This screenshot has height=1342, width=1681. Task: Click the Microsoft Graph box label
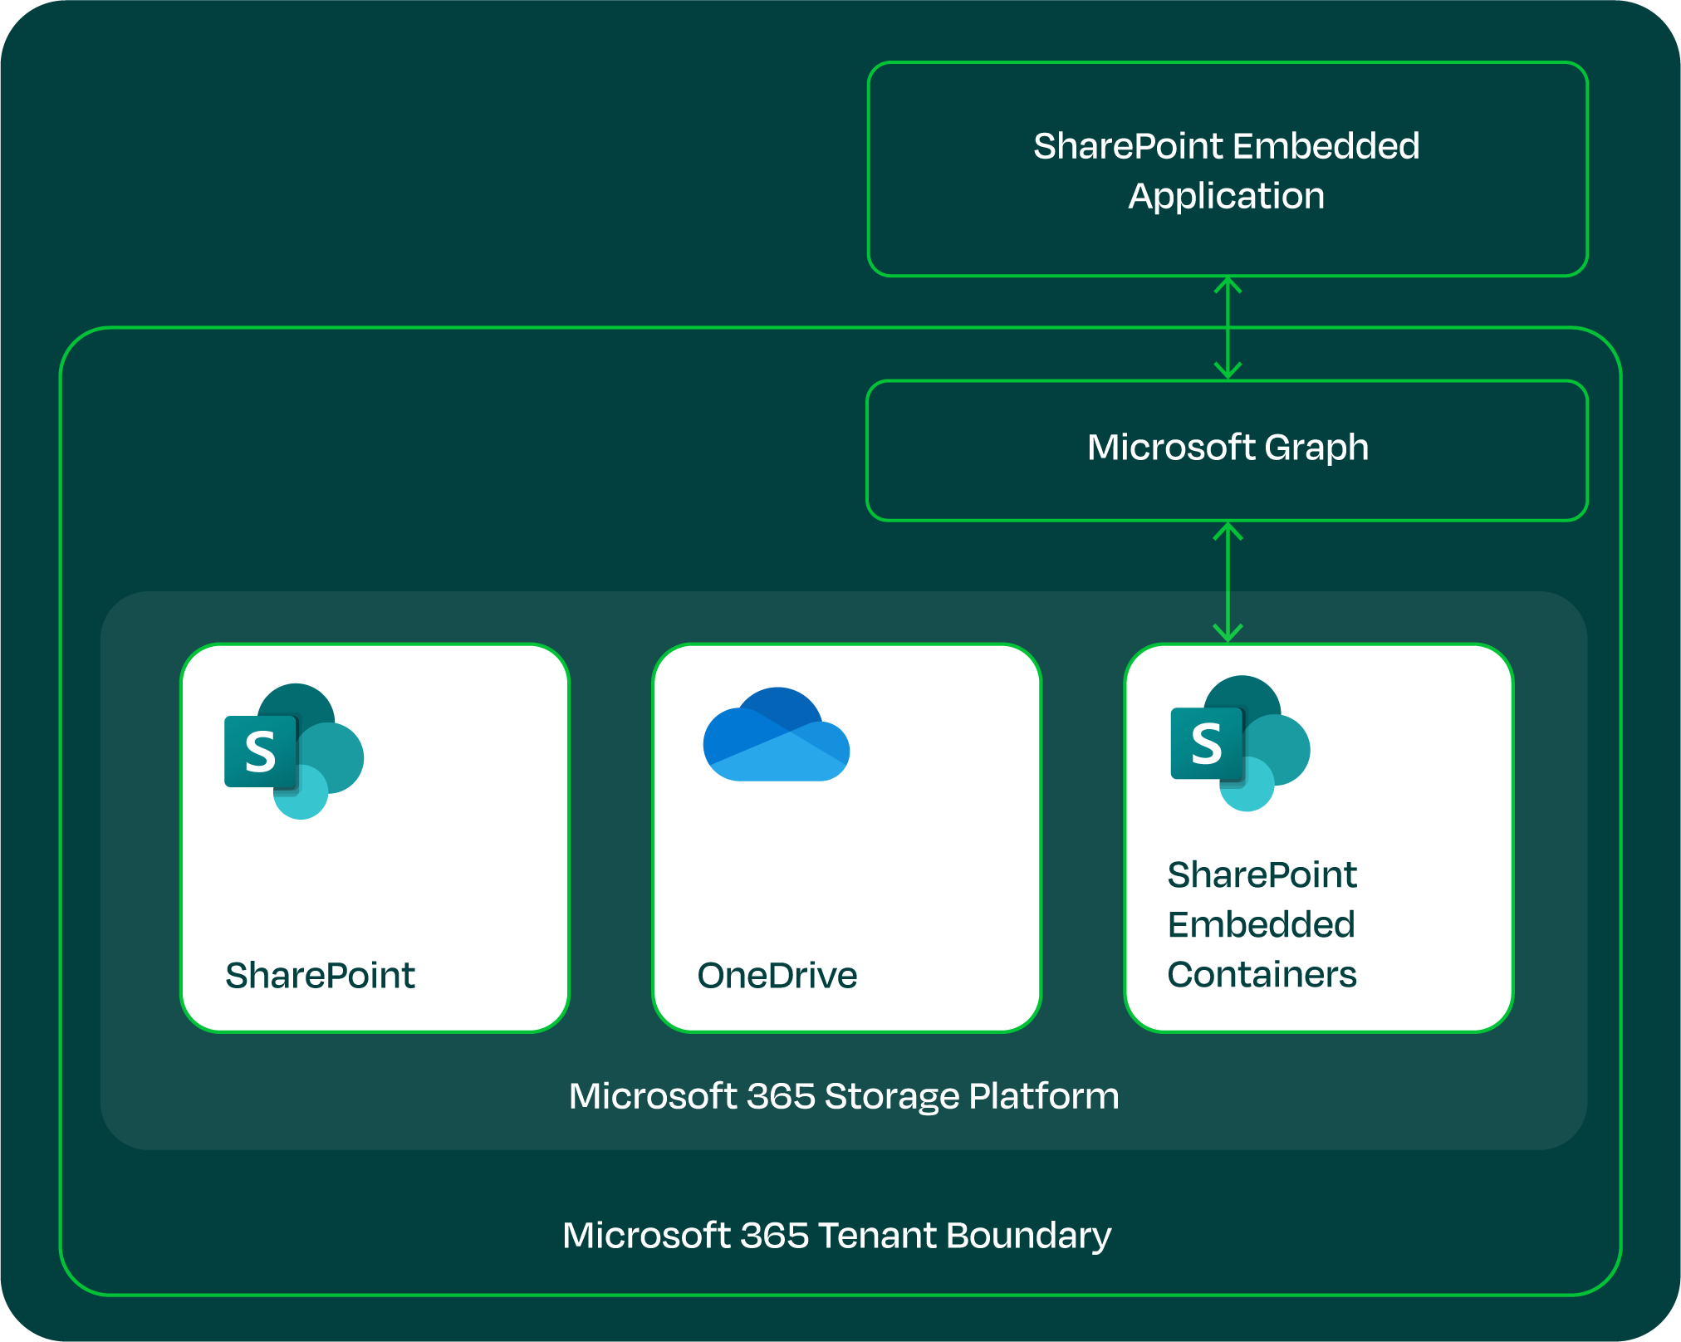click(1228, 448)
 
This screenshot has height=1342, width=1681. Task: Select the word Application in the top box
click(1226, 197)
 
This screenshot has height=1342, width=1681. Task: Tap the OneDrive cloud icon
click(776, 736)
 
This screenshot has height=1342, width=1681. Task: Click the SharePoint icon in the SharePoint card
click(293, 751)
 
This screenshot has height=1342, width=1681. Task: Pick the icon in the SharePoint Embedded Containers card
click(1239, 743)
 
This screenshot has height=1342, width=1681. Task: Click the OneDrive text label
click(777, 975)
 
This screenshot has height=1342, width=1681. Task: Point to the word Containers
click(1261, 974)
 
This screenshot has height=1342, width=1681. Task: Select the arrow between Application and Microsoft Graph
click(1228, 328)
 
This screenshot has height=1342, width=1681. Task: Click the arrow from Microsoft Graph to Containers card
click(1228, 582)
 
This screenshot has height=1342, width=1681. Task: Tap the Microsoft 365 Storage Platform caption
click(844, 1096)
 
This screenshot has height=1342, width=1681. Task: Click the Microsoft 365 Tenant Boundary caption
click(836, 1236)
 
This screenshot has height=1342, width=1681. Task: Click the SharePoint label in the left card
click(320, 975)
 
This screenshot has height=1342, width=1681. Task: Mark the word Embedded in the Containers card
click(1260, 924)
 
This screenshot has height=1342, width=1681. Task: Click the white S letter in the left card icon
click(260, 752)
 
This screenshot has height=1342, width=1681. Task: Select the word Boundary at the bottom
click(1028, 1236)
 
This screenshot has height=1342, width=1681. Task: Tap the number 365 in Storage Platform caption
click(780, 1096)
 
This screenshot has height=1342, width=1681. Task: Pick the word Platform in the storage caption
click(1043, 1096)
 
